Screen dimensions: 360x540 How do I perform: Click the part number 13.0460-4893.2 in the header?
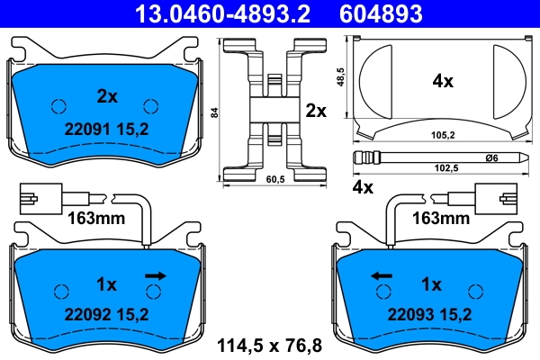209,13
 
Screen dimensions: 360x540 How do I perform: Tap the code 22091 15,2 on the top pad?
107,127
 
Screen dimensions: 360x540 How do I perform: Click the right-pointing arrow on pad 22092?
156,275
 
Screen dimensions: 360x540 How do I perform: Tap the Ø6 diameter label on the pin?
491,158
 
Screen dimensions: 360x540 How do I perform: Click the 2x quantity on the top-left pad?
107,94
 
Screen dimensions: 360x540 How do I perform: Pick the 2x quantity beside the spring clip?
316,111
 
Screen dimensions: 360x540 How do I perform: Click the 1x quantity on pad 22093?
431,284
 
